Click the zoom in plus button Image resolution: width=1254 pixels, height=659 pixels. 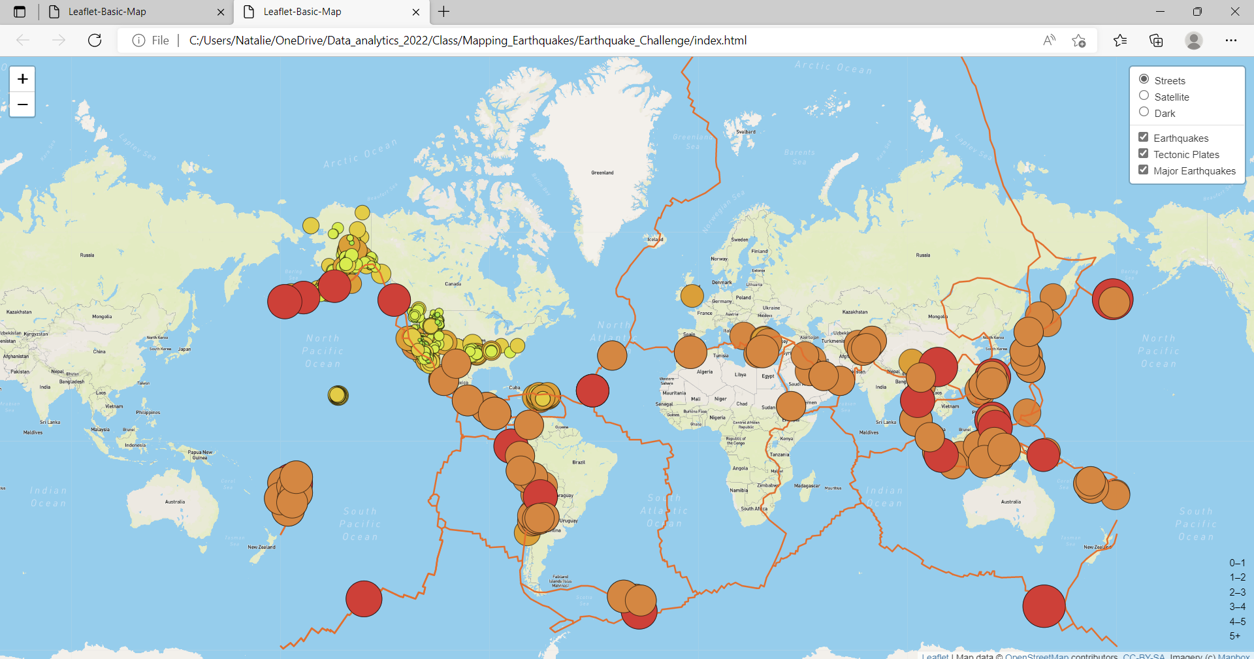(x=22, y=79)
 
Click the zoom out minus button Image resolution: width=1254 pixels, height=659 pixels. (x=22, y=104)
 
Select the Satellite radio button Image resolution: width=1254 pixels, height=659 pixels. (x=1144, y=96)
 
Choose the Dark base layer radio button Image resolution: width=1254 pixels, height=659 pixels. (x=1144, y=112)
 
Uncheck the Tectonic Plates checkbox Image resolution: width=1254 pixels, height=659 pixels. (x=1143, y=153)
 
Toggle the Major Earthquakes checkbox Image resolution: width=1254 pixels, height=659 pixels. (x=1143, y=170)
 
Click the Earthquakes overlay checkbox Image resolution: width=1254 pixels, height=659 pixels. (x=1143, y=137)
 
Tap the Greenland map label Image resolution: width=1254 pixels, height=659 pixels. (x=602, y=173)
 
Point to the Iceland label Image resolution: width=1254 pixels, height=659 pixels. (x=655, y=240)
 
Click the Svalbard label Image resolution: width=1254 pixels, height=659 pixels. (x=746, y=132)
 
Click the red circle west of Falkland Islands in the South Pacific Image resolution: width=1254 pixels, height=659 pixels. (x=364, y=599)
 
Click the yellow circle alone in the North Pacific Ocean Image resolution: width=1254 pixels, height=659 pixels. (x=338, y=395)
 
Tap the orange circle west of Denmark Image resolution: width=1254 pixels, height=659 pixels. (x=692, y=295)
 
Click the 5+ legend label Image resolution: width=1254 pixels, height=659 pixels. (x=1234, y=636)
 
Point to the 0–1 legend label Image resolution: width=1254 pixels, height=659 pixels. (x=1237, y=563)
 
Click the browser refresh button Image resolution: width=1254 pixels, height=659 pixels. (x=95, y=40)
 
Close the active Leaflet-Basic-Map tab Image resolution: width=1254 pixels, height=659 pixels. (x=416, y=12)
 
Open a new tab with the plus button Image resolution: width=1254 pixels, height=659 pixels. (x=444, y=12)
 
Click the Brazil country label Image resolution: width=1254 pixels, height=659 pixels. (x=579, y=462)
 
